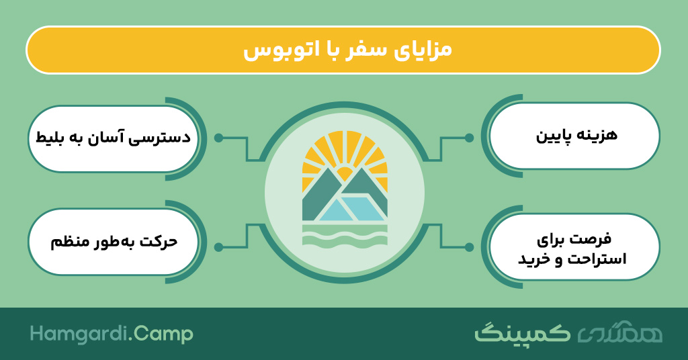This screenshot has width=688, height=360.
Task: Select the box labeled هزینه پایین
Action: point(574,136)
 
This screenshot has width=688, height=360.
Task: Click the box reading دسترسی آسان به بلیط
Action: point(113,138)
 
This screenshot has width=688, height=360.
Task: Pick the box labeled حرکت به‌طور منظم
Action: point(113,242)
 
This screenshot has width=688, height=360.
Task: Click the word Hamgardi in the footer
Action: point(79,334)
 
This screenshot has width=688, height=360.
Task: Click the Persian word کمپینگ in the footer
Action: point(523,333)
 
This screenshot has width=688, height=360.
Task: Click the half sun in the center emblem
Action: point(345,173)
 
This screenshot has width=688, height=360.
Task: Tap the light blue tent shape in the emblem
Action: point(351,209)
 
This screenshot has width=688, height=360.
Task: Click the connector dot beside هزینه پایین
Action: point(469,138)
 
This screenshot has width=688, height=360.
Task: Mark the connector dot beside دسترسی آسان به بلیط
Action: point(218,138)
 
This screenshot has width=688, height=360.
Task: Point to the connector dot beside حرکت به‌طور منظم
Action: point(218,247)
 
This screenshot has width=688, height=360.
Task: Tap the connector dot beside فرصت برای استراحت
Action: point(469,247)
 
